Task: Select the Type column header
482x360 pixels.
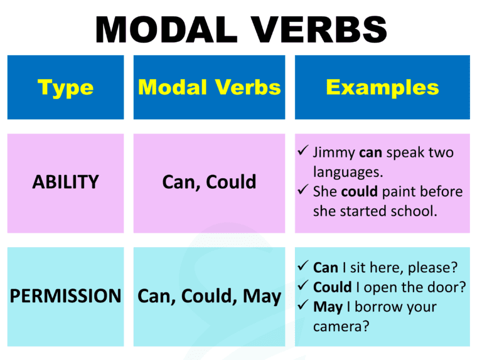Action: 65,87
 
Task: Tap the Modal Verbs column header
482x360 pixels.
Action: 209,87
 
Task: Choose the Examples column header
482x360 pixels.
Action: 382,87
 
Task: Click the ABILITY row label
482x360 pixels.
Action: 65,183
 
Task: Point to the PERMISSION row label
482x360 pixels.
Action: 65,296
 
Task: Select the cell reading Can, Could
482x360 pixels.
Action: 209,183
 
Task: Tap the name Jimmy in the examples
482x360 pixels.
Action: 334,152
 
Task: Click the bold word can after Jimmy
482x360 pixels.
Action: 370,152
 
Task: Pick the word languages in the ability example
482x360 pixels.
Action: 346,171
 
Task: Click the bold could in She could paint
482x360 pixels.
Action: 358,191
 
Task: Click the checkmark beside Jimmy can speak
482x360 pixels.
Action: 302,152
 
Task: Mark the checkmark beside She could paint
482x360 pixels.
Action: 302,191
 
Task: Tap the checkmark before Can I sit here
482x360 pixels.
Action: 302,267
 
